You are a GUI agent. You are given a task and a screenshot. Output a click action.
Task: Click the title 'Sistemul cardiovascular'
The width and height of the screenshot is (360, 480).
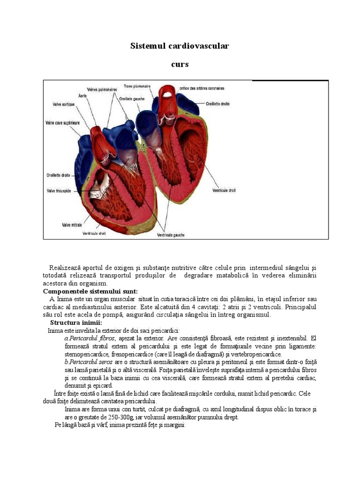180,46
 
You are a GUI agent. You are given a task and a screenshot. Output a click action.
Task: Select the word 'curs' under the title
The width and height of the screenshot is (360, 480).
180,64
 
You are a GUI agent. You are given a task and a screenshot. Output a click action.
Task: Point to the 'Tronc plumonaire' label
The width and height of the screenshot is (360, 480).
137,86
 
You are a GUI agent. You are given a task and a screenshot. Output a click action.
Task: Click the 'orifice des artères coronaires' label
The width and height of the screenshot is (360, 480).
202,88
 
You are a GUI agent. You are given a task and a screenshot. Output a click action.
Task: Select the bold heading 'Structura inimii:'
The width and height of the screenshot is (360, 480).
75,322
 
